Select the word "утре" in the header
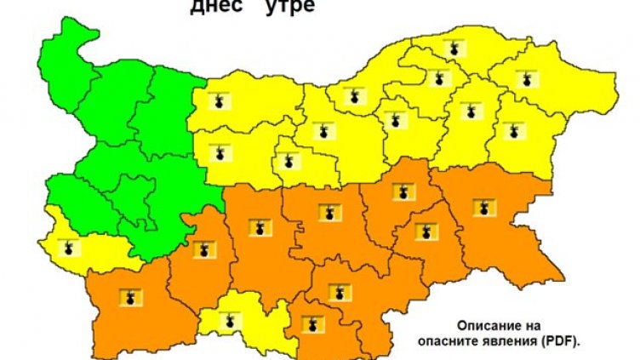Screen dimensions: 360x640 tap(286, 8)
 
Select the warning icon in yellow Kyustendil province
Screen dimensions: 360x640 tap(68, 249)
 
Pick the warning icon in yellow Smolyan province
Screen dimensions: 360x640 tap(229, 322)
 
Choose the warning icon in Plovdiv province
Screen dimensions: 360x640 tap(258, 226)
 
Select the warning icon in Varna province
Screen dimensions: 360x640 tap(513, 131)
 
